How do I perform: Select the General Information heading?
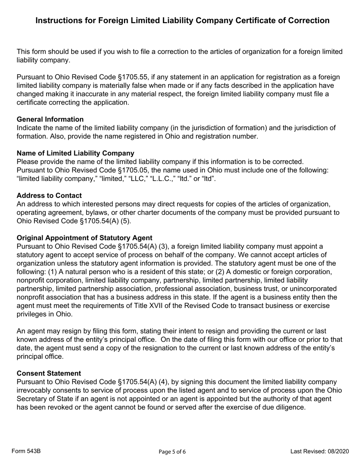[x=50, y=119]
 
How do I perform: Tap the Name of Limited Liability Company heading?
[x=75, y=153]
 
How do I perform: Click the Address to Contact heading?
[x=49, y=195]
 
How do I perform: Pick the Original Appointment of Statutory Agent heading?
[x=85, y=238]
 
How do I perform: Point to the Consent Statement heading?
[x=49, y=373]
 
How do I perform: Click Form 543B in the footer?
[x=26, y=451]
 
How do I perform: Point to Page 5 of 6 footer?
[x=172, y=451]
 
